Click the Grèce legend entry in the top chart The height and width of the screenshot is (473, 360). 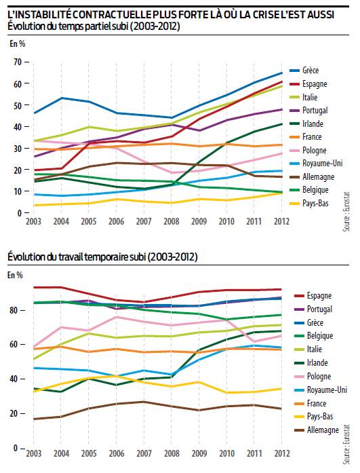pyautogui.click(x=304, y=71)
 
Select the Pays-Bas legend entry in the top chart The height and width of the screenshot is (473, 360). pyautogui.click(x=308, y=204)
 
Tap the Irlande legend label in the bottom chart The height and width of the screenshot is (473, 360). pyautogui.click(x=317, y=362)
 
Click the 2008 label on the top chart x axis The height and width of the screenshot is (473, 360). pyautogui.click(x=171, y=221)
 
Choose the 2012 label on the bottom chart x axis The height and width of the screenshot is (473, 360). pyautogui.click(x=281, y=453)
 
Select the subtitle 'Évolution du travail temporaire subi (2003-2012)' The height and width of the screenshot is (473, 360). pyautogui.click(x=103, y=257)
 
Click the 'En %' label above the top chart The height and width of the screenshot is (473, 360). pyautogui.click(x=18, y=43)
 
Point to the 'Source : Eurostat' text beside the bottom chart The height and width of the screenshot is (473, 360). pyautogui.click(x=346, y=444)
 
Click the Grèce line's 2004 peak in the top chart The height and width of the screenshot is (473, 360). pyautogui.click(x=61, y=98)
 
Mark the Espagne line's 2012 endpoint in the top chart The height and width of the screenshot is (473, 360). pyautogui.click(x=281, y=81)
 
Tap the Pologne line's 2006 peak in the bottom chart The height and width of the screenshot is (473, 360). pyautogui.click(x=117, y=317)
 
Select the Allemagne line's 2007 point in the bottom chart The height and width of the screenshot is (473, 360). pyautogui.click(x=144, y=402)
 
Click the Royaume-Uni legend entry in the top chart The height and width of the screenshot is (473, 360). pyautogui.click(x=316, y=164)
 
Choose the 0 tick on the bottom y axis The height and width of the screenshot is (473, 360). pyautogui.click(x=18, y=448)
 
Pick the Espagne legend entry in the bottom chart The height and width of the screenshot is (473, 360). pyautogui.click(x=313, y=296)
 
